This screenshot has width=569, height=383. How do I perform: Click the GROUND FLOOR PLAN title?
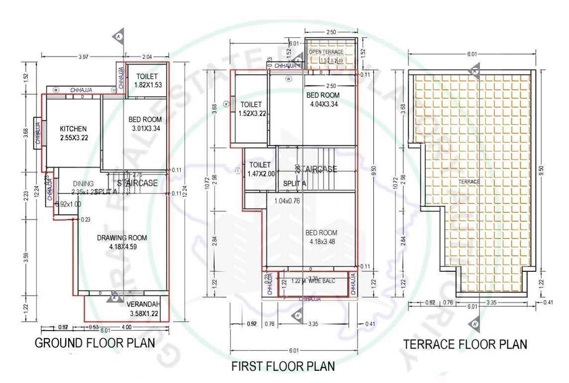(x=95, y=343)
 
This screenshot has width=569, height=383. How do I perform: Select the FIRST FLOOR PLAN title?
(x=283, y=367)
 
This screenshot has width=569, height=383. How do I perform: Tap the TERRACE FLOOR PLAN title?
(x=465, y=344)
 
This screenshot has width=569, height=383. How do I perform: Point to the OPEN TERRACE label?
(x=326, y=52)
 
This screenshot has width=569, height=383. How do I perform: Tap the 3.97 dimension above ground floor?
(x=83, y=57)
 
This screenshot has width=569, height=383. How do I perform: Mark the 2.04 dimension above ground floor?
(x=148, y=57)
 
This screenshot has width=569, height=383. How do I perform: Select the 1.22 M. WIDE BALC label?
(x=313, y=281)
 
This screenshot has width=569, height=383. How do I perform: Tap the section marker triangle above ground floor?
(x=118, y=37)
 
